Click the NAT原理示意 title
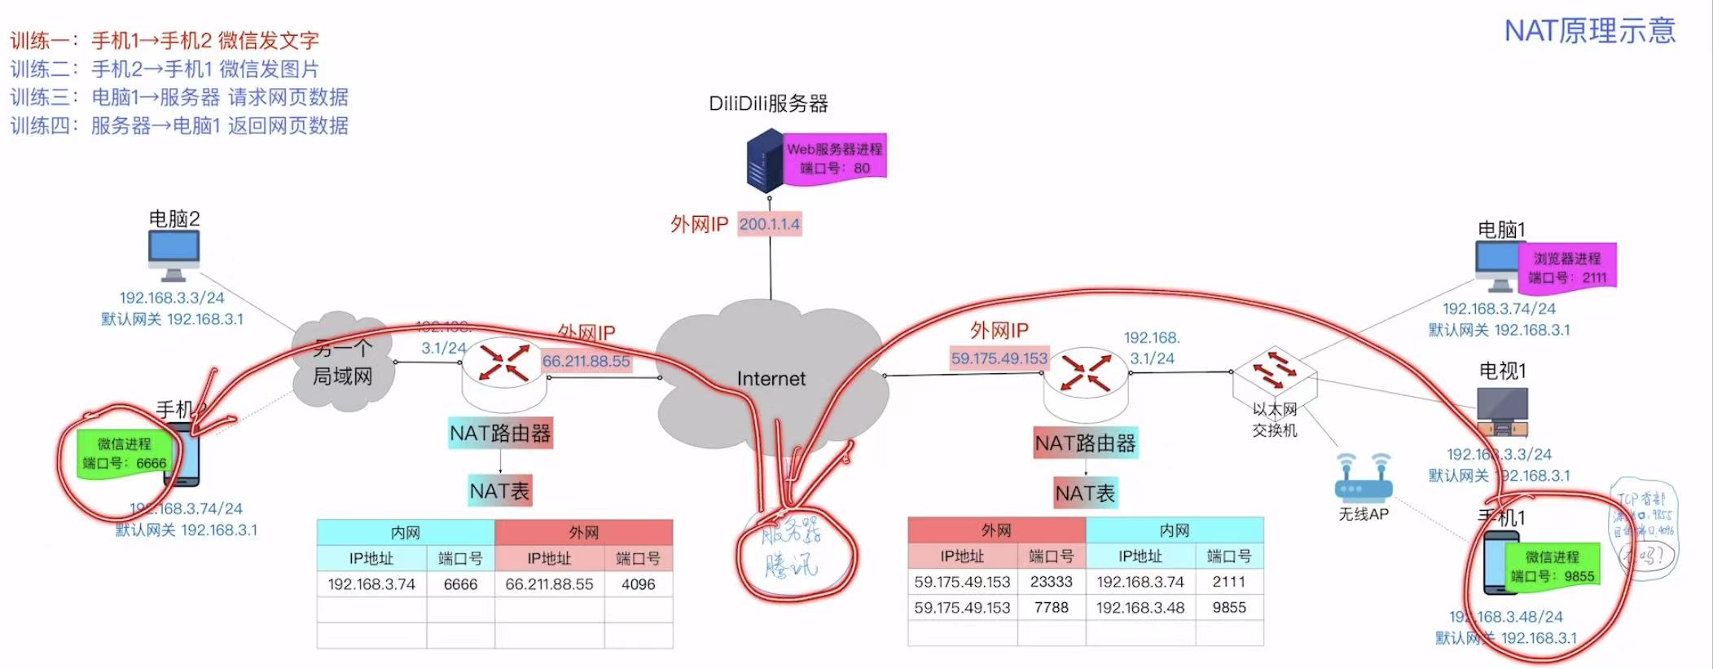point(1589,31)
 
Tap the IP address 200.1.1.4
point(770,224)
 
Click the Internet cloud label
point(771,379)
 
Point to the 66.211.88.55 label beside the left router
point(586,361)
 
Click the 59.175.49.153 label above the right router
point(999,359)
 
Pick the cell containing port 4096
point(638,584)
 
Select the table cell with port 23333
point(1051,582)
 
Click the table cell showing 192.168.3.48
point(1140,608)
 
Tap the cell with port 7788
point(1051,608)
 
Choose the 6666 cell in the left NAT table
point(460,584)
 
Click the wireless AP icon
point(1363,478)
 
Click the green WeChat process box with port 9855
point(1552,566)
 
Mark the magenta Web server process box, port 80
point(834,158)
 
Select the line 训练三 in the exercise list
point(179,97)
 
